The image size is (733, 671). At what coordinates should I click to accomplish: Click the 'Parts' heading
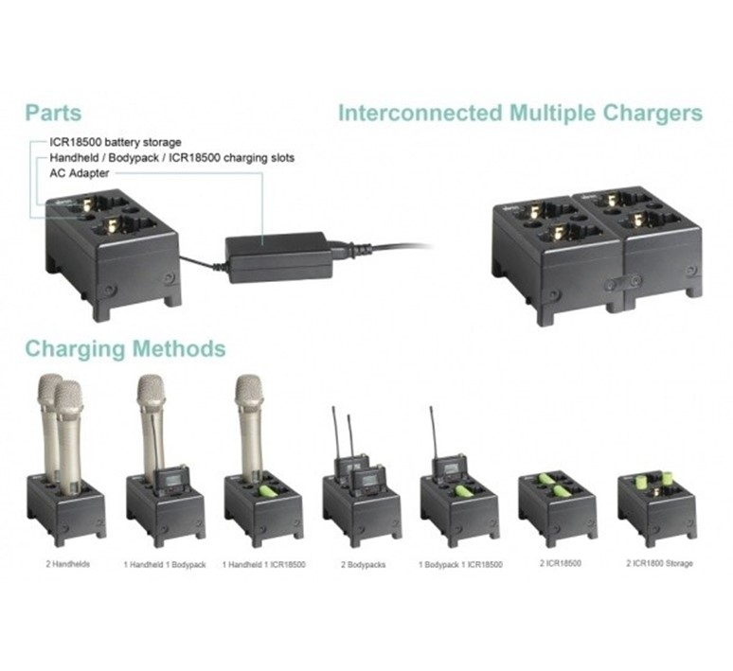click(53, 113)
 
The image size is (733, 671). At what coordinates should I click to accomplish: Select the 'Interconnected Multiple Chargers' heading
click(520, 114)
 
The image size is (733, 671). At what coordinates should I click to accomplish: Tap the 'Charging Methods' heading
click(125, 348)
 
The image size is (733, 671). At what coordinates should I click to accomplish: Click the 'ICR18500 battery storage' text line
click(115, 142)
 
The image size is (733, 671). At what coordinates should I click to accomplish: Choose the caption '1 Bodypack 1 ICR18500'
click(460, 564)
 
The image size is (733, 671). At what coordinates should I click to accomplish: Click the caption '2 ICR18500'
click(558, 564)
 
